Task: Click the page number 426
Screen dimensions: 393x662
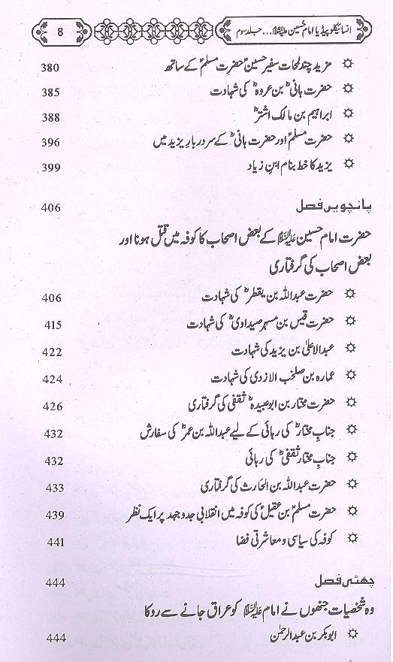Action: [x=51, y=406]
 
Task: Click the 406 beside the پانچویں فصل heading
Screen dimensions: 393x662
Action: [x=51, y=208]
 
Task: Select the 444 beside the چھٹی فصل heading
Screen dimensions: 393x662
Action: [x=51, y=581]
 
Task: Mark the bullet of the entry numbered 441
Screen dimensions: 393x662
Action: [x=346, y=540]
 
